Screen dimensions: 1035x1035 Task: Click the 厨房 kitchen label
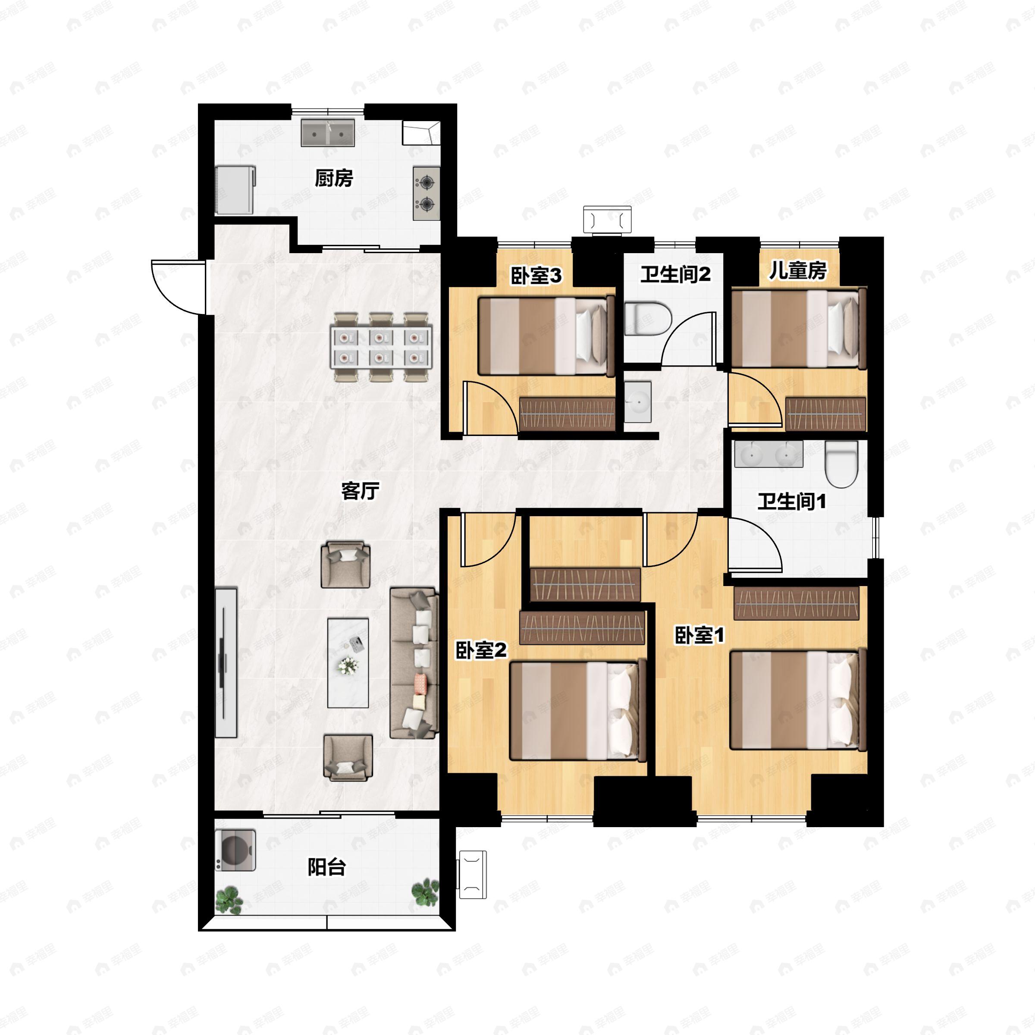(x=334, y=179)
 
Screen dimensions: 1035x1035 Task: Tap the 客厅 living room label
(x=360, y=490)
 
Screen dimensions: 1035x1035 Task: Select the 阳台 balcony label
(x=326, y=867)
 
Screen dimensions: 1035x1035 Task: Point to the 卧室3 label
(x=536, y=276)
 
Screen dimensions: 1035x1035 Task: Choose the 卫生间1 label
(x=791, y=502)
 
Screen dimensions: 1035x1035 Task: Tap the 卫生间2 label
(x=675, y=274)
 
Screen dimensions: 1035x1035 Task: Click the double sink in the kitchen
(x=328, y=133)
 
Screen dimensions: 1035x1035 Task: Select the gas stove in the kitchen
(x=427, y=193)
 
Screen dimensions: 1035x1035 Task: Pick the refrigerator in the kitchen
(x=235, y=190)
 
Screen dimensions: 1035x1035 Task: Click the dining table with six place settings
(x=380, y=347)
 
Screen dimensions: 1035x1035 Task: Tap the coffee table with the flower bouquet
(x=348, y=663)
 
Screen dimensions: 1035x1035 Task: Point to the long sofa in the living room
(x=414, y=663)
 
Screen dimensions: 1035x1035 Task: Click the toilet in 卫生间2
(x=648, y=319)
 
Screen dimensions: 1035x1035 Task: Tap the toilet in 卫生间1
(x=842, y=464)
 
